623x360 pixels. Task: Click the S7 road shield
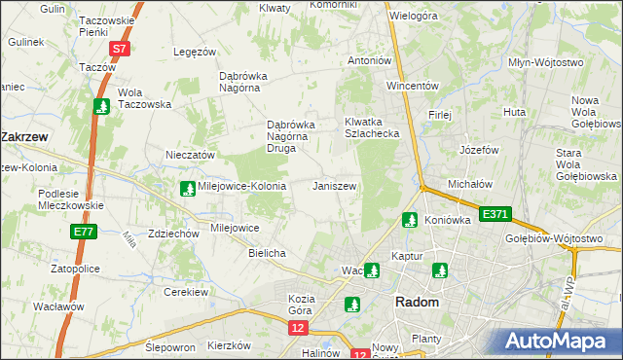coord(118,48)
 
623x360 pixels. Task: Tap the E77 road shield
coord(83,232)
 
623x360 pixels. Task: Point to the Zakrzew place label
coord(25,137)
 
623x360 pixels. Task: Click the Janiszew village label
coord(334,186)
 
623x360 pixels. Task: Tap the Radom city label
coord(417,303)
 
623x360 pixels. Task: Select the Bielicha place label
coord(267,253)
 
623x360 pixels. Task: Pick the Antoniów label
coord(370,60)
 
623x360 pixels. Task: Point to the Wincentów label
coord(413,86)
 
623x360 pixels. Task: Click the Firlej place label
coord(440,115)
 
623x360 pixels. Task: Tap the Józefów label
coord(479,151)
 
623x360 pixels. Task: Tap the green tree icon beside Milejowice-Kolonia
coord(187,188)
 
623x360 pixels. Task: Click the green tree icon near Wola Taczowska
coord(100,106)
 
